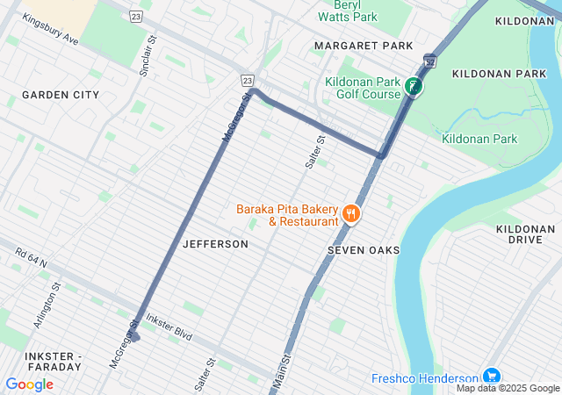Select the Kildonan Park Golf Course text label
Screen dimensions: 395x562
coord(362,88)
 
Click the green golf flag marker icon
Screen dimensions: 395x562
coord(413,86)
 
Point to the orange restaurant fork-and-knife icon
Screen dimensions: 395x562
coord(350,213)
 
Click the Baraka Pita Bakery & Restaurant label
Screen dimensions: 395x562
coord(286,215)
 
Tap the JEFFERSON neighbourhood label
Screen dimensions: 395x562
coord(215,244)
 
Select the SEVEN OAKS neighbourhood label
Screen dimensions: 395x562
coord(364,250)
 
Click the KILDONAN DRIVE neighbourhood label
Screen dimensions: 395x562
coord(525,234)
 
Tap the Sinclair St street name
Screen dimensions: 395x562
coord(146,55)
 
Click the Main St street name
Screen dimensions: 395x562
coord(281,371)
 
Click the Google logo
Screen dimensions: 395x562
coord(29,384)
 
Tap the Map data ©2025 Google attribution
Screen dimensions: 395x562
coord(508,388)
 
